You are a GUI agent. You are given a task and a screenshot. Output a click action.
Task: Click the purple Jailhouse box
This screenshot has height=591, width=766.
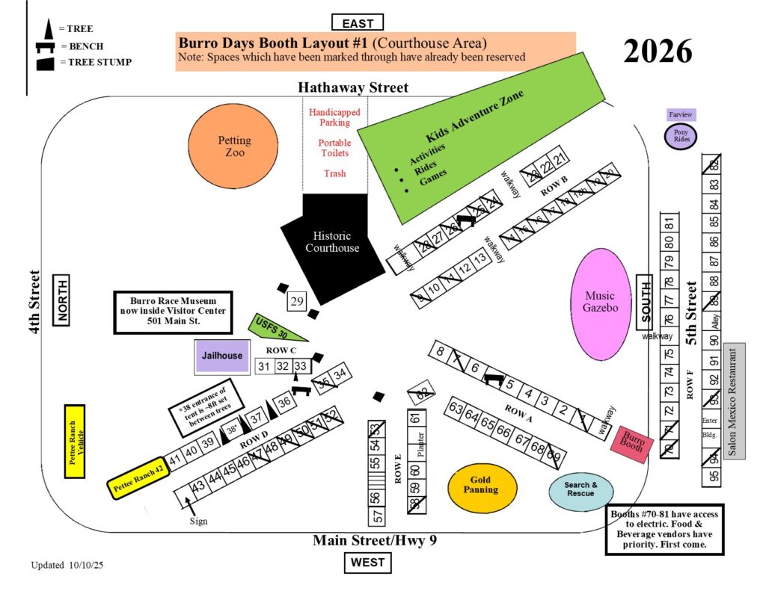221,356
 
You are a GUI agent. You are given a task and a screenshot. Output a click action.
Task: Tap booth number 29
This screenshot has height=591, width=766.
297,302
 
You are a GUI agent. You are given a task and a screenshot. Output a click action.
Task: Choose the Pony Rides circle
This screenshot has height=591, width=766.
681,137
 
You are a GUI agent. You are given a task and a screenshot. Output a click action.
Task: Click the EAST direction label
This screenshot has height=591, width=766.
358,23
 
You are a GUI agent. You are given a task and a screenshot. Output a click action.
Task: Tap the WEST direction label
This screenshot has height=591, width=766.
367,562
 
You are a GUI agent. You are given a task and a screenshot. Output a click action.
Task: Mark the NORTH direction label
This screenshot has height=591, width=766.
61,299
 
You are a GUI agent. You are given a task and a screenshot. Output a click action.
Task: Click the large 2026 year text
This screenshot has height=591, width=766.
658,50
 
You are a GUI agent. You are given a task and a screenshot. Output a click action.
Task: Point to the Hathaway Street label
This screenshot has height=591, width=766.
353,88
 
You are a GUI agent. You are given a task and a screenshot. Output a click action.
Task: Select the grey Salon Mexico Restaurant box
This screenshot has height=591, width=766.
734,400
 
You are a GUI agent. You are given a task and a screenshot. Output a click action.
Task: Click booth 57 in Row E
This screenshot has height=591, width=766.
378,516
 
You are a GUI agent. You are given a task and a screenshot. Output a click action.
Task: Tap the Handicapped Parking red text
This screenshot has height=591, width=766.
334,117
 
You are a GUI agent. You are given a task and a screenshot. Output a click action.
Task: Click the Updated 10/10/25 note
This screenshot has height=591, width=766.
67,565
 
